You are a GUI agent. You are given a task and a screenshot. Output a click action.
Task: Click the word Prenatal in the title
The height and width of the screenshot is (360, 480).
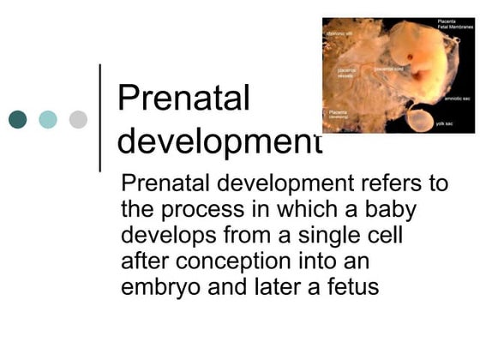tap(183, 99)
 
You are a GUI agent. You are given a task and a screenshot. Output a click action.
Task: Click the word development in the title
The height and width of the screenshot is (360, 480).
tap(219, 140)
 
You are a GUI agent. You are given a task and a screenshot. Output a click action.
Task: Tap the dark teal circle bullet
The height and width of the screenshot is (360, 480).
tap(18, 119)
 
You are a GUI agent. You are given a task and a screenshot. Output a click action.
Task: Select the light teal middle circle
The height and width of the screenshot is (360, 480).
tap(48, 119)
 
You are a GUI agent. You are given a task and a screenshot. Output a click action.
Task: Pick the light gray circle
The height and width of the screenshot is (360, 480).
tap(78, 119)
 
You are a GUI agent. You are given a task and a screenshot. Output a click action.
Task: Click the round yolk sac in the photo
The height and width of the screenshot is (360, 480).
tap(422, 117)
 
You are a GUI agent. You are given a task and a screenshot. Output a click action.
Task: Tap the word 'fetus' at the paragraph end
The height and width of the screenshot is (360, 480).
tap(349, 287)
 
